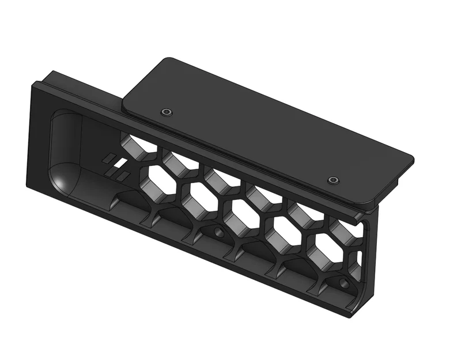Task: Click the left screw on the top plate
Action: (x=167, y=111)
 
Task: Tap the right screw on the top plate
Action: (x=333, y=181)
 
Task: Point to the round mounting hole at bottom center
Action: (x=219, y=233)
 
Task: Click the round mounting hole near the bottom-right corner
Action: (x=343, y=283)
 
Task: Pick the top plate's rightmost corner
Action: (x=411, y=158)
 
